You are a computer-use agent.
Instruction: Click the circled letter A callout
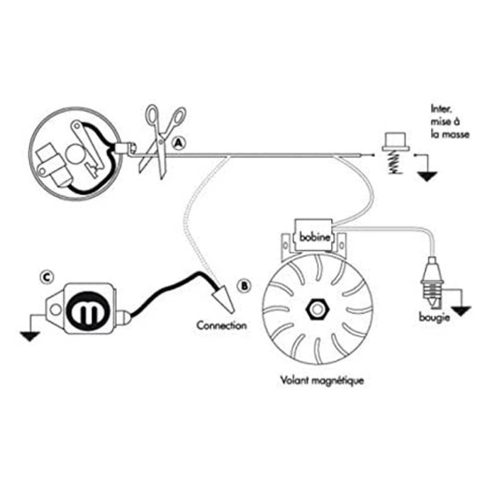(178, 144)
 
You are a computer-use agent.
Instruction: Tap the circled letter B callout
(245, 286)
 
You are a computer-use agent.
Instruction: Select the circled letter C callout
(47, 278)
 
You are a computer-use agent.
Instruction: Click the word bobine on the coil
(314, 237)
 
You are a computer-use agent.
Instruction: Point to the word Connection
(222, 326)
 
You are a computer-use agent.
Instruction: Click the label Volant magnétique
(322, 380)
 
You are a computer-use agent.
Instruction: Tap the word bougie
(434, 317)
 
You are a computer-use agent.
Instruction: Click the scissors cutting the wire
(161, 141)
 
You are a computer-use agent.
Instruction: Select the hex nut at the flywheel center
(317, 310)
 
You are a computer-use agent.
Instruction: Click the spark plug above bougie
(432, 281)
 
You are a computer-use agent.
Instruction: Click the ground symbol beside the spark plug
(461, 311)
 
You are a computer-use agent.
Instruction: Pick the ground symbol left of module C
(30, 337)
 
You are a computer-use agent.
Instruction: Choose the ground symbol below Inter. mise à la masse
(427, 177)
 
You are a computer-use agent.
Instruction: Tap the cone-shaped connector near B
(224, 300)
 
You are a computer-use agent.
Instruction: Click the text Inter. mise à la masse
(450, 122)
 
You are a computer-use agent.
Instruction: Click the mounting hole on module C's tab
(56, 309)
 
